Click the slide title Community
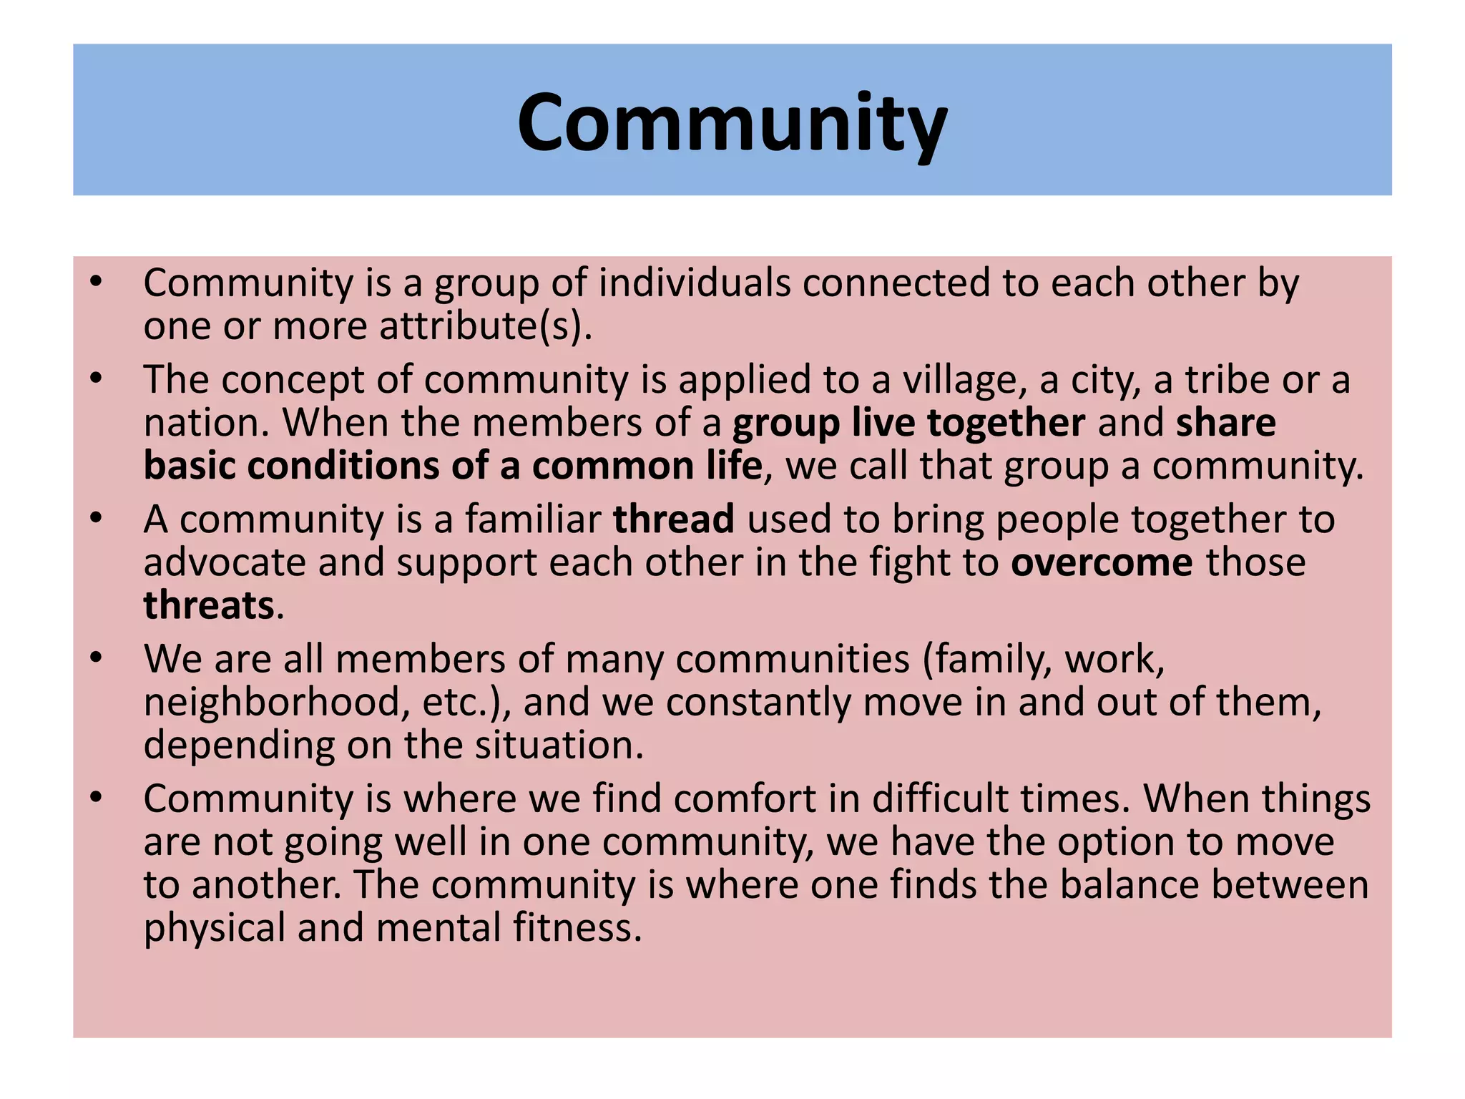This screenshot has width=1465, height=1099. [732, 123]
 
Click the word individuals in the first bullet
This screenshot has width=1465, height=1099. [694, 283]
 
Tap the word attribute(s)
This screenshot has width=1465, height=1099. [485, 326]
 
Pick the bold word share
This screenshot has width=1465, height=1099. [1225, 423]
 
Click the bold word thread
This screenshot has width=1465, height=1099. [673, 519]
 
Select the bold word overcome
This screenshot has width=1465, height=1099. [1102, 562]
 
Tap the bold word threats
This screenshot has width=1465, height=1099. [209, 605]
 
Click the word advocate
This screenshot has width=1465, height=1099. [224, 562]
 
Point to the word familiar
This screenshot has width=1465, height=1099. [533, 519]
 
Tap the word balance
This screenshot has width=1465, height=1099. [1129, 884]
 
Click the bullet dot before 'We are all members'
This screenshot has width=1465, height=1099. [97, 658]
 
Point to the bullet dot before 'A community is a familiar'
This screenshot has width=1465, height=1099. [97, 518]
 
